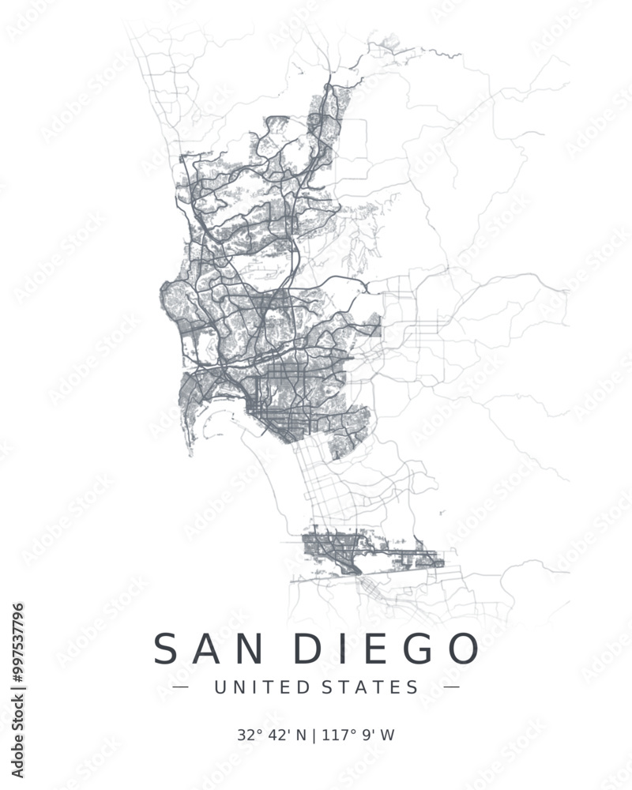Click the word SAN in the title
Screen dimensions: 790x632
[208, 649]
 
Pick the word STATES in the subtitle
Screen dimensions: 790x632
[371, 687]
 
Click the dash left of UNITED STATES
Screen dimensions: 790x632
[181, 687]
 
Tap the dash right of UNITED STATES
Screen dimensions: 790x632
[450, 687]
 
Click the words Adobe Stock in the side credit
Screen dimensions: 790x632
[18, 739]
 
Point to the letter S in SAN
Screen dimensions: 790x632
[167, 649]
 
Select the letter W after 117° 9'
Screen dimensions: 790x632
[387, 735]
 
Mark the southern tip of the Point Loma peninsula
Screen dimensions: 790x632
[190, 454]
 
